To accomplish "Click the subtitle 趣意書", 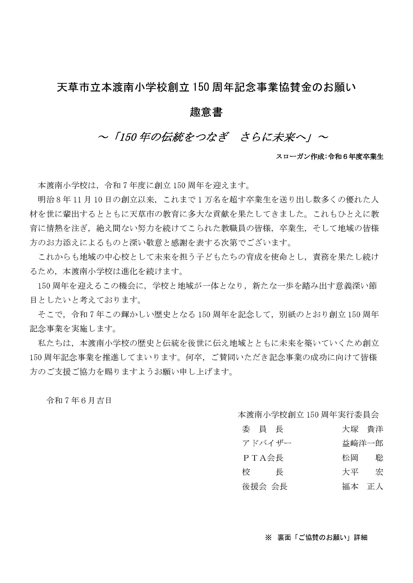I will point(206,112).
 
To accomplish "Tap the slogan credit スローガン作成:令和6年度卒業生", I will point(329,157).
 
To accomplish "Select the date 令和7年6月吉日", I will point(79,401).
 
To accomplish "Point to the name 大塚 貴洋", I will point(362,429).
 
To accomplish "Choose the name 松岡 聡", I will point(362,458).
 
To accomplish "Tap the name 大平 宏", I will point(362,472).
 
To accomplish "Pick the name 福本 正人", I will point(362,487).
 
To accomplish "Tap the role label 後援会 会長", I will point(265,487).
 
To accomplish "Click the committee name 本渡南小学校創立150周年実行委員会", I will point(308,415).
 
